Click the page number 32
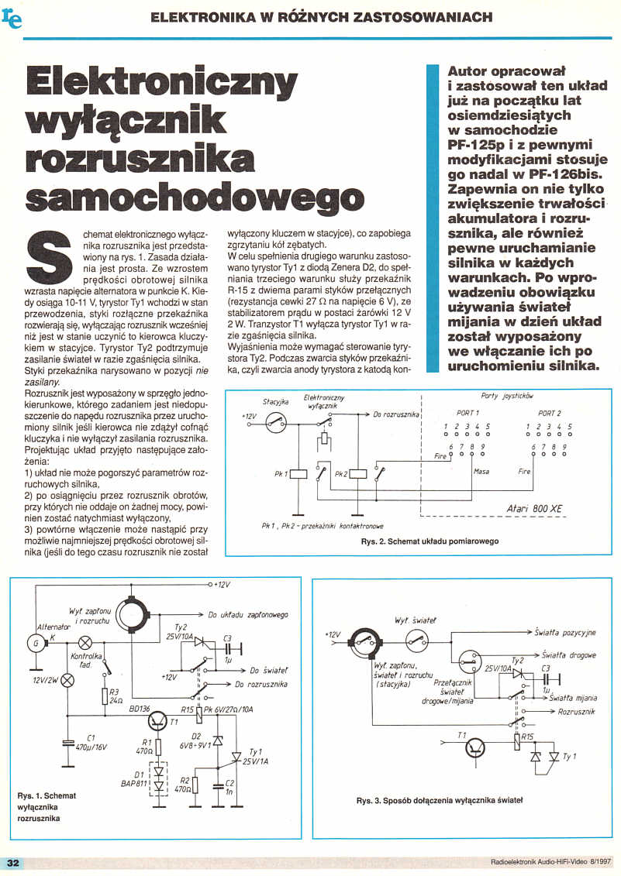tap(12, 863)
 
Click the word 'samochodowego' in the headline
tap(195, 195)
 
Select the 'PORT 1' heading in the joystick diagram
tap(467, 413)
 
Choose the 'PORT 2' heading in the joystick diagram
tap(549, 413)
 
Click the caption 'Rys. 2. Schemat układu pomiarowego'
tap(430, 541)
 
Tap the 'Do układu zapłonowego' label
tap(248, 614)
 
